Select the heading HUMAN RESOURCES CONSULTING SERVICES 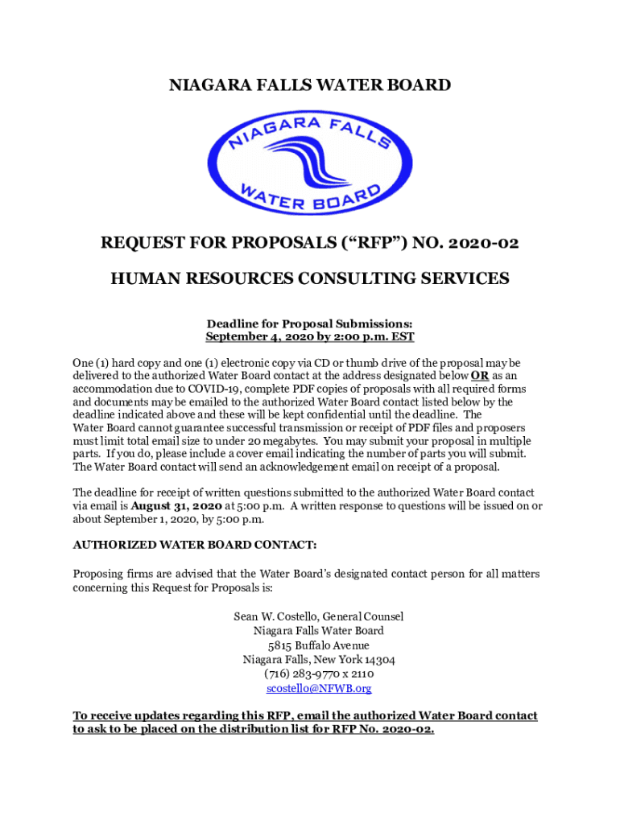pyautogui.click(x=310, y=279)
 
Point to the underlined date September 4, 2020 pyautogui.click(x=262, y=337)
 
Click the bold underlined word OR pyautogui.click(x=479, y=376)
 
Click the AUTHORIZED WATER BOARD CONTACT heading pyautogui.click(x=195, y=545)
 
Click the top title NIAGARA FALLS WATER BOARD pyautogui.click(x=310, y=85)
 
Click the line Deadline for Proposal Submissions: pyautogui.click(x=310, y=323)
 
